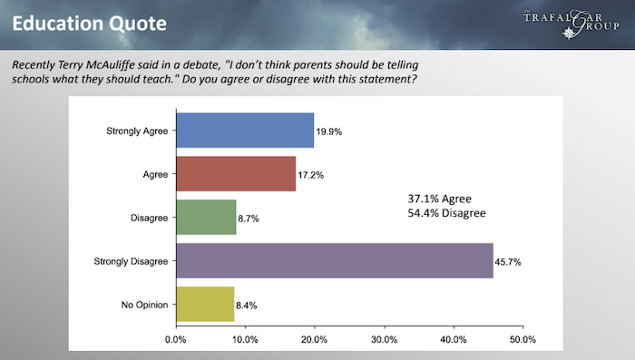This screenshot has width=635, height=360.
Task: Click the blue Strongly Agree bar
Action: (245, 131)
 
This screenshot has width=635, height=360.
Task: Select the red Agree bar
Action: (236, 174)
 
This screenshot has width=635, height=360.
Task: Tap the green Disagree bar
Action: (206, 217)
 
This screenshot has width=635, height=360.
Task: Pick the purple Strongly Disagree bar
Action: (335, 261)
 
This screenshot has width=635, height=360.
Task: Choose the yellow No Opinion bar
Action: (205, 304)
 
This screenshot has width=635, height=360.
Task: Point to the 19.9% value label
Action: (328, 131)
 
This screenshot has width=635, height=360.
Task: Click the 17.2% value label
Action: (310, 175)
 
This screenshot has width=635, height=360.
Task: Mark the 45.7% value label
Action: (508, 262)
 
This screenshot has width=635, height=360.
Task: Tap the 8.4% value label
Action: (246, 306)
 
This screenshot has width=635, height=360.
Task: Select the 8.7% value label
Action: (249, 219)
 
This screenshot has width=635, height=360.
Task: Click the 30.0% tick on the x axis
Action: (384, 339)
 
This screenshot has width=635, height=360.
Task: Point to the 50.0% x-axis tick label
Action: (523, 339)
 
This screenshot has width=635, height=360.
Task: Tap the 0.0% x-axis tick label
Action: (176, 339)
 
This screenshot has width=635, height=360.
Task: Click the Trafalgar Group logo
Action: (571, 24)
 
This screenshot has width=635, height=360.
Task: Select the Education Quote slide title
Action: (90, 24)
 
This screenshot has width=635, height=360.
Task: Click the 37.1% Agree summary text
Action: (439, 199)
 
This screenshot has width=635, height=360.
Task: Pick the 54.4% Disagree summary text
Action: (446, 213)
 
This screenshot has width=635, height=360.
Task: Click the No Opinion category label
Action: (144, 305)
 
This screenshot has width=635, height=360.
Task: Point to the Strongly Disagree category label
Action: (131, 261)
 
